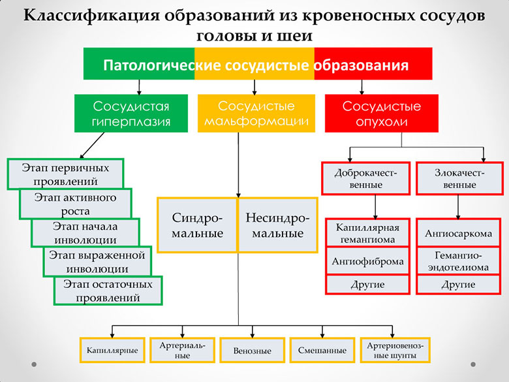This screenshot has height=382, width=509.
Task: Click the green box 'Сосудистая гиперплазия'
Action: click(131, 114)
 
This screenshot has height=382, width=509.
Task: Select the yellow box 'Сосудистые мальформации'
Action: click(256, 114)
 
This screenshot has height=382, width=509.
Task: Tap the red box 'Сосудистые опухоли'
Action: click(382, 114)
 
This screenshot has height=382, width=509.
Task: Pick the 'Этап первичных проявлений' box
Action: click(65, 174)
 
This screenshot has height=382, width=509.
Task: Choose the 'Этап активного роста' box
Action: click(75, 204)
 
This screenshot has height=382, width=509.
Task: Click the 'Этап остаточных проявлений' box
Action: click(108, 291)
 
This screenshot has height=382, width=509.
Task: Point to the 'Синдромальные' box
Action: click(197, 225)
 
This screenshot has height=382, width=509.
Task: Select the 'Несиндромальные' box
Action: click(278, 225)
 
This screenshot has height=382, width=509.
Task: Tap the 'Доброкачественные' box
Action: click(366, 178)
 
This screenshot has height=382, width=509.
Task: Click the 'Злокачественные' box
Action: click(459, 178)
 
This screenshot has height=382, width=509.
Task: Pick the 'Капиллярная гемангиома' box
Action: click(367, 233)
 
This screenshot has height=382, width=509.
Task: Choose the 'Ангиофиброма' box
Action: click(367, 261)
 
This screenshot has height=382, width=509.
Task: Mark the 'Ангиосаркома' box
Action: click(458, 233)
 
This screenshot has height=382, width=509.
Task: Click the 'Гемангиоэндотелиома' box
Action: click(458, 261)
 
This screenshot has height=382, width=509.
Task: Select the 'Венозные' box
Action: click(253, 350)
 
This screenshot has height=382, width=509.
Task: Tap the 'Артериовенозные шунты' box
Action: click(395, 350)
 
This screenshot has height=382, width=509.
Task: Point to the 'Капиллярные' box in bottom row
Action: click(112, 350)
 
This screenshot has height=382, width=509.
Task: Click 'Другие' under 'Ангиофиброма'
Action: click(367, 285)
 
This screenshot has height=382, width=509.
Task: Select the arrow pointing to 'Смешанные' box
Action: click(322, 332)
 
